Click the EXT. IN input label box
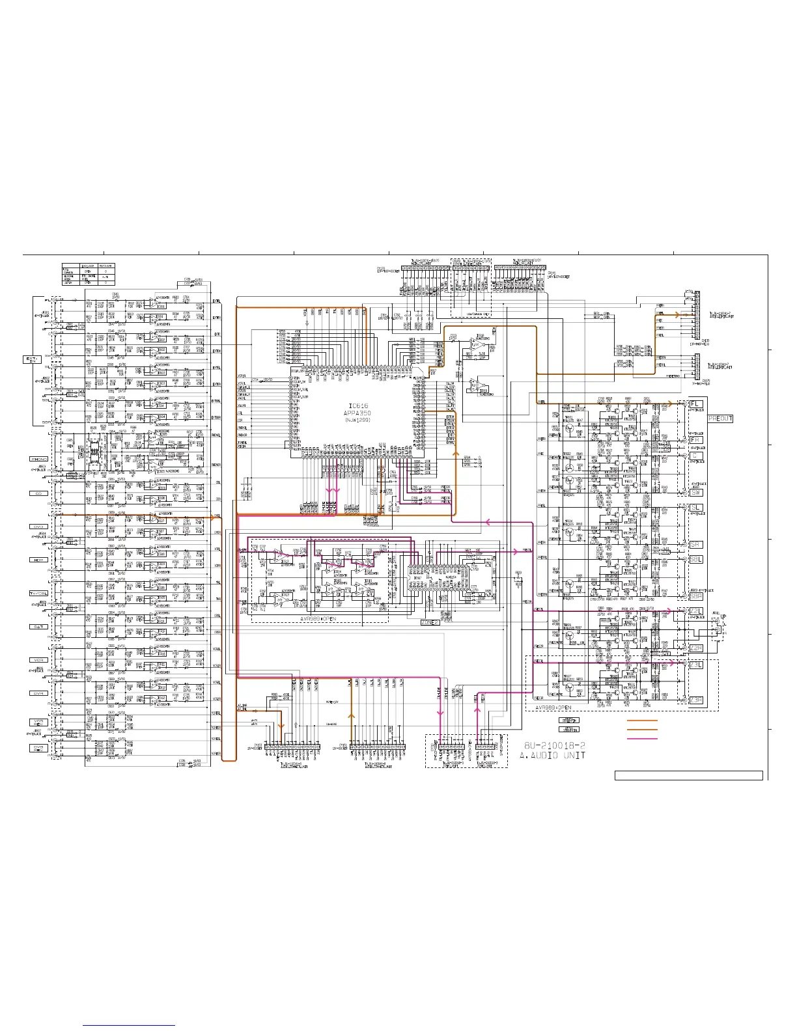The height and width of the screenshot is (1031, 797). click(x=33, y=359)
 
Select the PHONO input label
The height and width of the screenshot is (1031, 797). click(x=38, y=459)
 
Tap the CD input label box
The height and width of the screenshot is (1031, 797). click(x=38, y=493)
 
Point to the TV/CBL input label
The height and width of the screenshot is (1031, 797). click(x=38, y=593)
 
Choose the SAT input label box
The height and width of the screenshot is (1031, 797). click(x=38, y=626)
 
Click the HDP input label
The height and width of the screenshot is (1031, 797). click(x=38, y=560)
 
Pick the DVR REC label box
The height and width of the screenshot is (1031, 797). click(x=38, y=749)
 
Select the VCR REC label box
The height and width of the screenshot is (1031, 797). click(x=38, y=722)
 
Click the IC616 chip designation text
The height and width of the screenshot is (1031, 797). click(x=358, y=405)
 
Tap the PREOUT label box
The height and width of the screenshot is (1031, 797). click(x=720, y=419)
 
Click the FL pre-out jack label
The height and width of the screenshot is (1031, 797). click(x=696, y=404)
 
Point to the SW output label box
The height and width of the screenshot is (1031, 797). click(x=696, y=492)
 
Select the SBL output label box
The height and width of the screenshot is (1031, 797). click(x=696, y=559)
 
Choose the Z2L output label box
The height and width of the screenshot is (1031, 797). click(x=696, y=611)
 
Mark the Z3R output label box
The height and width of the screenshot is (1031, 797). click(x=696, y=700)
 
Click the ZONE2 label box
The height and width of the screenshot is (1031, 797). click(x=430, y=622)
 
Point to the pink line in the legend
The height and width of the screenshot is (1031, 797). click(x=642, y=739)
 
